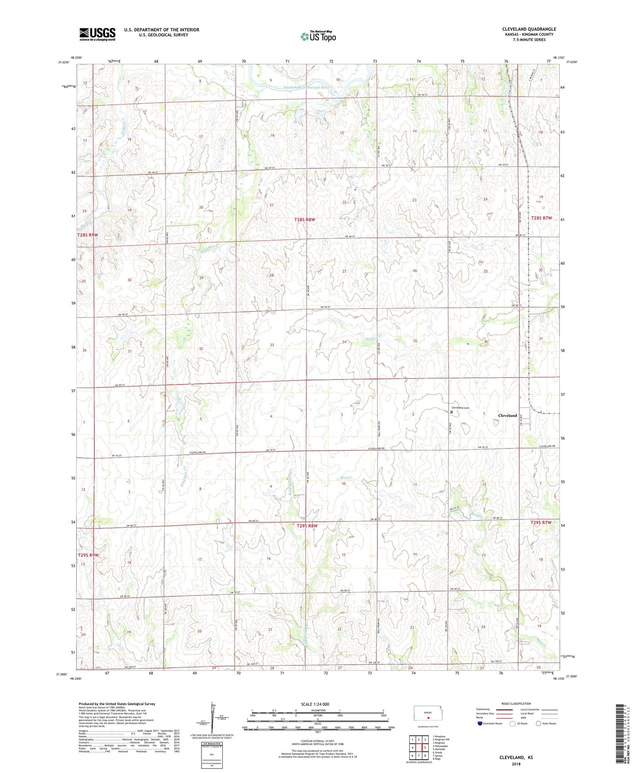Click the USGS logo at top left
coord(97,34)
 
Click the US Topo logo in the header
coord(318,37)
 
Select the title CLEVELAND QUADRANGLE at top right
coord(529,29)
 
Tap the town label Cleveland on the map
coord(507,415)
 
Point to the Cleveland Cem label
coord(460,408)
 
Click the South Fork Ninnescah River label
coord(307,88)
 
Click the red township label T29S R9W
coord(88,555)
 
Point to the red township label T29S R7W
coord(541,522)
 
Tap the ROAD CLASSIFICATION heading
coord(516,703)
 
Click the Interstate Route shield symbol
coord(480,724)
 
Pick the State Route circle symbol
coord(538,724)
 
